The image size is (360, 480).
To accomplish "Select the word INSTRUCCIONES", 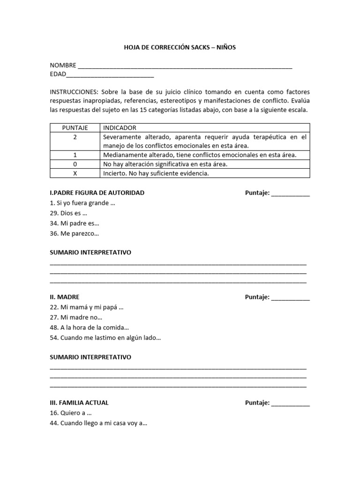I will point(74,92).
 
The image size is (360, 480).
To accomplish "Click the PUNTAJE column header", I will point(75,128).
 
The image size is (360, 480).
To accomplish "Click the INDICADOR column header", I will point(120,128).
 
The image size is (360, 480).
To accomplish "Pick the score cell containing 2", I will point(75,137).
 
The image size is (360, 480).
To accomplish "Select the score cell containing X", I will point(75,173).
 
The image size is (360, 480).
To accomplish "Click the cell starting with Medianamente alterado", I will point(199,155).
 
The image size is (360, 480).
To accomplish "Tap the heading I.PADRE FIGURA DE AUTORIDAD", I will point(97,193).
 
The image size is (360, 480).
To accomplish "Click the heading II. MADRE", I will point(65,297).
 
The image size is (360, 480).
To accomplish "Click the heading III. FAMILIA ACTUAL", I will point(79,403).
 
